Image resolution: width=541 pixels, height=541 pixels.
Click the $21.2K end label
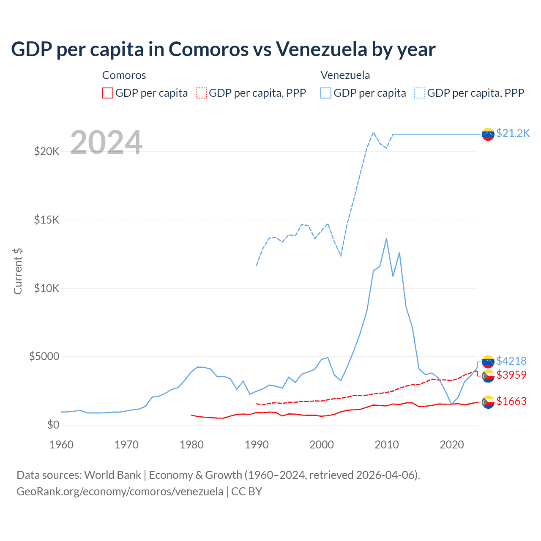[x=513, y=134]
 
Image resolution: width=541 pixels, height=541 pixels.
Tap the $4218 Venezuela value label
[x=511, y=361]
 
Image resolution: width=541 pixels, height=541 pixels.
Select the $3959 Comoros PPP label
[x=511, y=375]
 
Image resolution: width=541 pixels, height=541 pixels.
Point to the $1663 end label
[x=511, y=401]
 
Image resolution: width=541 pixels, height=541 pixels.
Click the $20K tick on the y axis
[x=46, y=151]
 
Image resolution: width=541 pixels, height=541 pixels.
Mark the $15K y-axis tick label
[x=46, y=220]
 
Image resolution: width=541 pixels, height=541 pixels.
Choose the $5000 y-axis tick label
[x=44, y=356]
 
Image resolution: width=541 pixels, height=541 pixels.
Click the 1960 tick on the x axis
[x=61, y=445]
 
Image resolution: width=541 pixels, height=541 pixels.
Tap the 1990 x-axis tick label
[x=257, y=445]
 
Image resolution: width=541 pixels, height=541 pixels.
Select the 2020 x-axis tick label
[x=452, y=445]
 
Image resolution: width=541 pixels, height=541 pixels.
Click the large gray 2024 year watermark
[x=106, y=142]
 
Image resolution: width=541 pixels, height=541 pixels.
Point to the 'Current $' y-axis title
[x=18, y=271]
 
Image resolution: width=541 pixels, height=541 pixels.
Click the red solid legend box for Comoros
[x=108, y=93]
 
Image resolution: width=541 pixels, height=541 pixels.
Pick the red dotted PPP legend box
[x=201, y=93]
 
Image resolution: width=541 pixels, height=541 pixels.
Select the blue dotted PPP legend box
[x=420, y=93]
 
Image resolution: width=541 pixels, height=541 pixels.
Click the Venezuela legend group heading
[x=345, y=75]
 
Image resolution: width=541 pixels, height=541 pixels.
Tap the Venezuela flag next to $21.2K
[x=488, y=134]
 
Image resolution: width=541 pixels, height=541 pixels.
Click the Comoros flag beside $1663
[x=488, y=402]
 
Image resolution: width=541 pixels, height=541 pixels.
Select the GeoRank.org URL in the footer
[x=120, y=492]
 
